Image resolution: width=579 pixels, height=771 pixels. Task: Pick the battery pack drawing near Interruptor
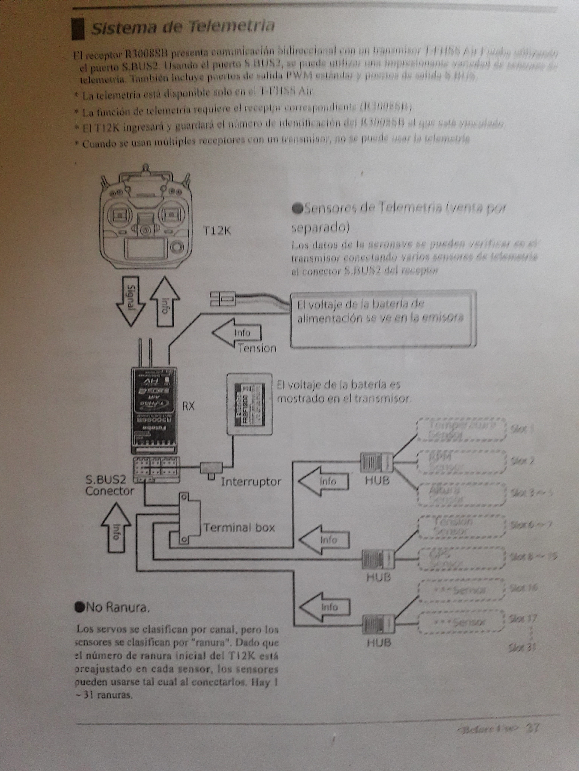249,404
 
